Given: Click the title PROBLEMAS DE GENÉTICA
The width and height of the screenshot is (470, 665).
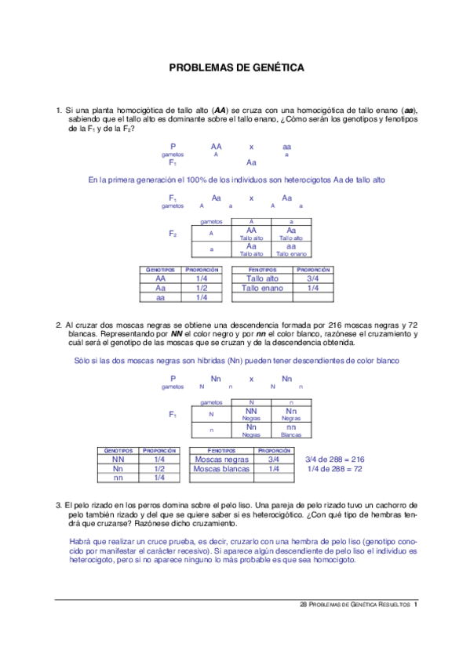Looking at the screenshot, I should (x=236, y=68).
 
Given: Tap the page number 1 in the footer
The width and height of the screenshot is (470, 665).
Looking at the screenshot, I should (x=416, y=605).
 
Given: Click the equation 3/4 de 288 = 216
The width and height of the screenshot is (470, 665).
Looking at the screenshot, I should (x=334, y=459).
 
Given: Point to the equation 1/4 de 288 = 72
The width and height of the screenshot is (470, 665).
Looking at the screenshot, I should (x=334, y=468).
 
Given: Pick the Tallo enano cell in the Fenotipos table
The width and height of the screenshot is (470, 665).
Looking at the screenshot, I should (x=262, y=288).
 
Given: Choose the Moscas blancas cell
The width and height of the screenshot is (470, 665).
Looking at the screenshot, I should (x=221, y=468).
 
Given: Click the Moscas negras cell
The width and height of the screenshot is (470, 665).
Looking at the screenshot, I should (x=221, y=459).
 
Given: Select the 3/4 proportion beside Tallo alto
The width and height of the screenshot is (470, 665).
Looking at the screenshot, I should (x=313, y=278).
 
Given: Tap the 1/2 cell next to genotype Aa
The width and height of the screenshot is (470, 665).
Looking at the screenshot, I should (x=202, y=288).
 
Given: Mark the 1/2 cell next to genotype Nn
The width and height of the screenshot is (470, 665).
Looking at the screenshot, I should (x=159, y=468).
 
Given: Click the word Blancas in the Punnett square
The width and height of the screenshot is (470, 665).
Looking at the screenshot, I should (x=291, y=434).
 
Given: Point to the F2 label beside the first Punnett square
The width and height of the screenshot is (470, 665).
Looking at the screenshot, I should (x=173, y=234).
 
